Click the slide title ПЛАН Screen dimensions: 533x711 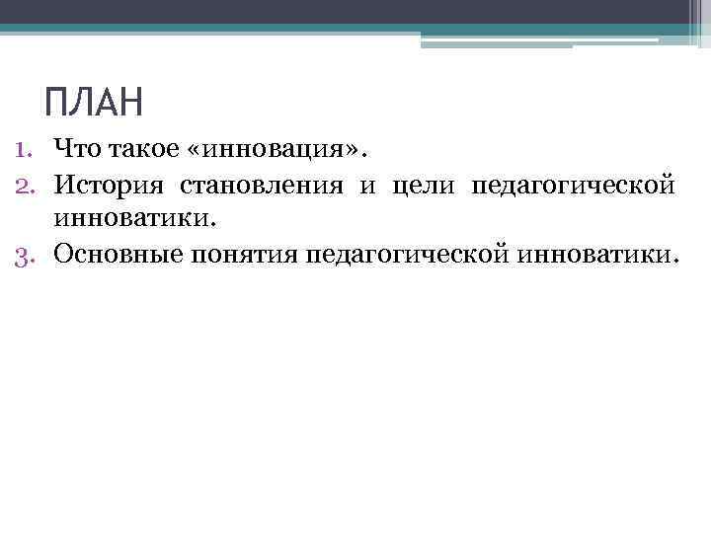[95, 102]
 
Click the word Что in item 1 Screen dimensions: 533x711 [77, 150]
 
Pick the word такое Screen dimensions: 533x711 [137, 150]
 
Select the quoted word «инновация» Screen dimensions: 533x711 [274, 150]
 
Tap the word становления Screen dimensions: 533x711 [262, 185]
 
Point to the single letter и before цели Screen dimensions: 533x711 [367, 185]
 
